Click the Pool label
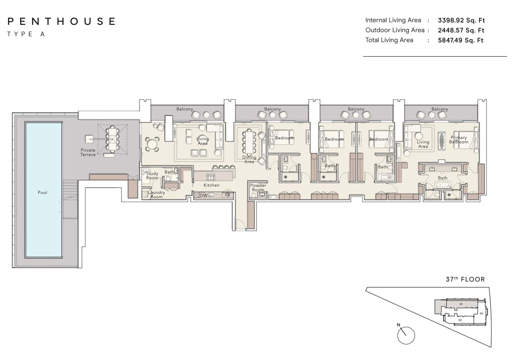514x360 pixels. coord(42,193)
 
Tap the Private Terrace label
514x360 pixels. coord(88,152)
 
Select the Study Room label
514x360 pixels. coord(152,176)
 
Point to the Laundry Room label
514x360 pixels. coord(156,195)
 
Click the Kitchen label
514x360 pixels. coord(211,185)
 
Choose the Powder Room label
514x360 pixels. coord(258,188)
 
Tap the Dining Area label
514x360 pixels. coord(249,160)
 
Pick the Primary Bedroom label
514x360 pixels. coord(458,140)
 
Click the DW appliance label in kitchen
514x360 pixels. coord(203,196)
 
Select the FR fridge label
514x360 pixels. coord(228,196)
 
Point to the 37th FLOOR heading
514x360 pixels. coord(465,280)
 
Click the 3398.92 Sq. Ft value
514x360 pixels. coord(461,20)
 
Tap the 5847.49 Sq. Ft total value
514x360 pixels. coord(461,40)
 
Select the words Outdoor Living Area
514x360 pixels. coord(395,30)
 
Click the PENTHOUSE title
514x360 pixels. coord(61,21)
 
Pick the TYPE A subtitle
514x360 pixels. coord(26,34)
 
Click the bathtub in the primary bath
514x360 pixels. coord(443,185)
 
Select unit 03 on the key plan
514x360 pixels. coord(460,320)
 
